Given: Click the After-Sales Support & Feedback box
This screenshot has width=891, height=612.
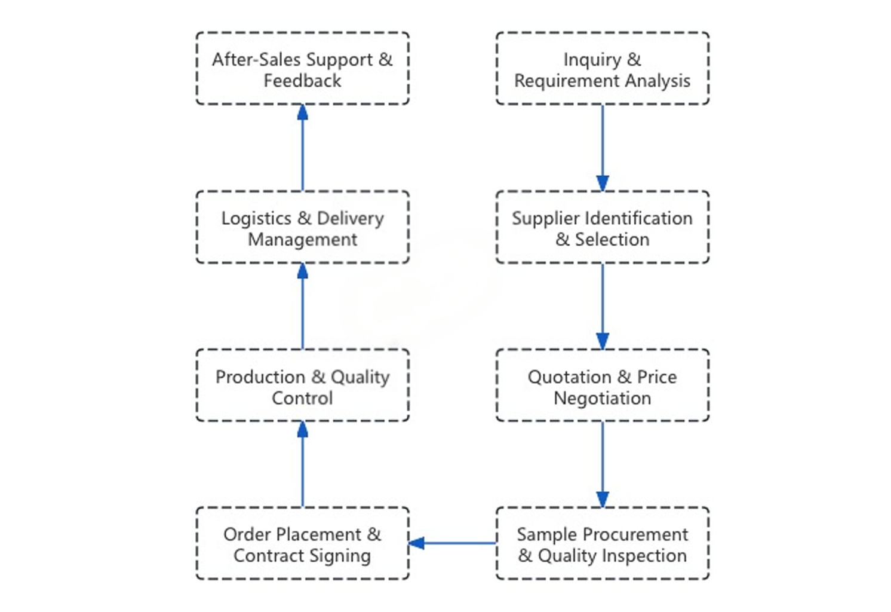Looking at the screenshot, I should pos(302,69).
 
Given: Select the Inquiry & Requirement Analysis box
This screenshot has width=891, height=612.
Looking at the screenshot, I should pos(602,69).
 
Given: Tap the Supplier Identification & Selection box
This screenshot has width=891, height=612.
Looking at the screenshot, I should pos(602,227).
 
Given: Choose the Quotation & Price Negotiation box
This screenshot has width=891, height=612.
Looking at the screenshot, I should pos(602,385).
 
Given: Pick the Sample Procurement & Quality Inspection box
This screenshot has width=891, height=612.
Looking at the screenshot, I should pos(602,543).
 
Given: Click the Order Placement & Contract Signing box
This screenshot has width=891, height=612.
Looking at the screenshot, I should pos(302,543).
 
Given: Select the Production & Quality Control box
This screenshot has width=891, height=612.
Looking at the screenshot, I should pos(302,385).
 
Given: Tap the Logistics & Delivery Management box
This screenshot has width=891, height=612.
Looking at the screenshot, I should pos(302,227).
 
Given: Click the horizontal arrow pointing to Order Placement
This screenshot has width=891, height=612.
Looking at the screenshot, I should pos(453,543).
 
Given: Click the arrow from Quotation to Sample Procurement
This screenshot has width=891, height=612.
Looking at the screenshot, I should pos(602,464).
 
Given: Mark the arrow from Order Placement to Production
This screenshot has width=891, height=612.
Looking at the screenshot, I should pos(303,464).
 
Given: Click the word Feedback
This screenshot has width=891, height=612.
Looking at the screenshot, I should pos(302,81).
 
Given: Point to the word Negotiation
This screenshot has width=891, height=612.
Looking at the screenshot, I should pos(602,399).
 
